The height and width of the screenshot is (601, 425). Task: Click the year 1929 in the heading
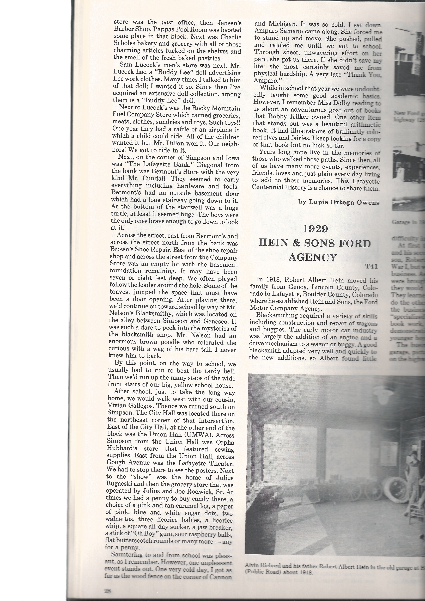315,229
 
